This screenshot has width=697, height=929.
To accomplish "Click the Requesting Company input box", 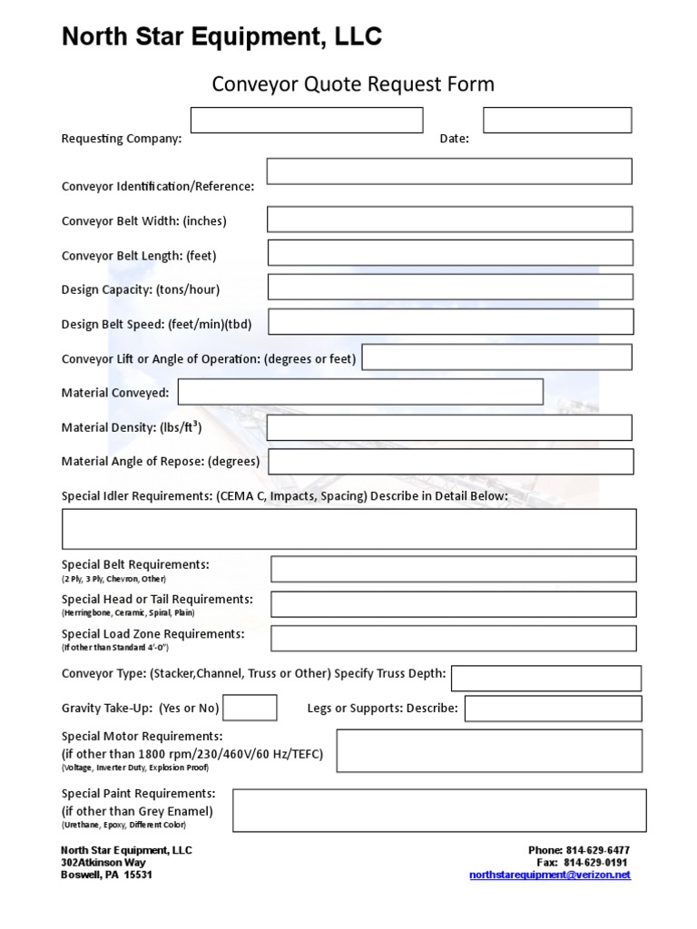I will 307,120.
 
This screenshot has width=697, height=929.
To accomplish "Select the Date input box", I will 556,120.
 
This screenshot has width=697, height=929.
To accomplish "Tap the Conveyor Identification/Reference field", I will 449,171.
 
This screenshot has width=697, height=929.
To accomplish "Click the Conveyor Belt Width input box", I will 449,220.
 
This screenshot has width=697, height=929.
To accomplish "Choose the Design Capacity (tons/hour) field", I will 450,287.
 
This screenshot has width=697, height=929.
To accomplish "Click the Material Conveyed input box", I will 360,392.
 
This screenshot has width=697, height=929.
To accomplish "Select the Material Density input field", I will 449,428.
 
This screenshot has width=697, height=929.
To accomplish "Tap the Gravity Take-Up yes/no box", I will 250,708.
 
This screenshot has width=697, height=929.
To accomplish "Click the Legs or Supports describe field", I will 553,709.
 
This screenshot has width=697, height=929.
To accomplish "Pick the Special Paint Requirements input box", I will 439,810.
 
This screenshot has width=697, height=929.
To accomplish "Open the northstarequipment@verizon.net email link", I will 549,875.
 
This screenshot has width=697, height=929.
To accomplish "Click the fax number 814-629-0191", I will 596,863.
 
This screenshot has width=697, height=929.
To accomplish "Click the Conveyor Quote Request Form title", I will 353,84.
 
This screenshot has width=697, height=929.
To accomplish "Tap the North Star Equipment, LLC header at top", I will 221,37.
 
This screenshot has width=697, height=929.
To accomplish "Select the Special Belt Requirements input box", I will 453,569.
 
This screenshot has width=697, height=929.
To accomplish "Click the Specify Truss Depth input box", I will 545,678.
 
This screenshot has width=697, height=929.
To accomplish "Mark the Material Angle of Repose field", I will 451,462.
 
